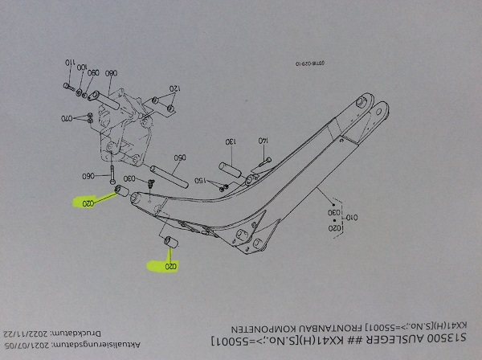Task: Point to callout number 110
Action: pos(69,63)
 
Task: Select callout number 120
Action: pos(173,88)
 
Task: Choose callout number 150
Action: pos(201,180)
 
